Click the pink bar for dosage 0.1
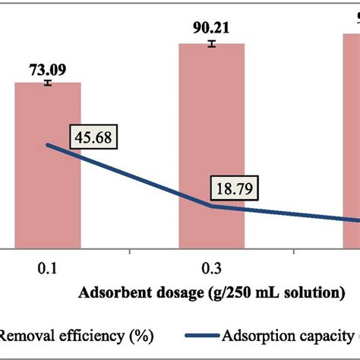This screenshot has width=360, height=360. click(48, 190)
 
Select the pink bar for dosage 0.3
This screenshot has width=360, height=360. click(212, 152)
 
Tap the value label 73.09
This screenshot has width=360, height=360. click(47, 70)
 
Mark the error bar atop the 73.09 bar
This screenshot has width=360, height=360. click(47, 82)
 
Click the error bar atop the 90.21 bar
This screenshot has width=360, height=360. click(212, 43)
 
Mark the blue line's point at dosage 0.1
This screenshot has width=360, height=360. click(48, 144)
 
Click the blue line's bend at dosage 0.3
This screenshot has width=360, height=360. click(212, 206)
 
